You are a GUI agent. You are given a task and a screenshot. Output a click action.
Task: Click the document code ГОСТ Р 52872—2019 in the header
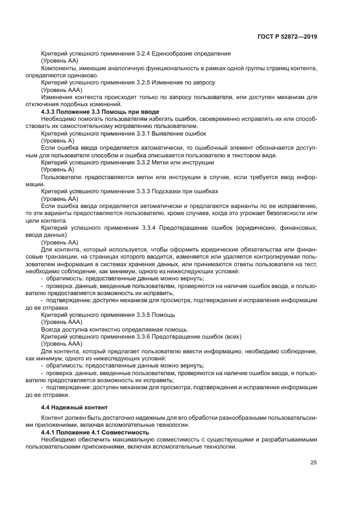coord(288,36)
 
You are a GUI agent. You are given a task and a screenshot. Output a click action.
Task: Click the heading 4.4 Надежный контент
coord(75,407)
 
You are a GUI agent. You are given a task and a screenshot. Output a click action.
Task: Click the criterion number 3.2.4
coord(143,53)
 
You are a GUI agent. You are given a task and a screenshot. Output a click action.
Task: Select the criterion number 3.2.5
coord(143,82)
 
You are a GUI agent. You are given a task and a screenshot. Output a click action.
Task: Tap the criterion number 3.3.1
coord(143,133)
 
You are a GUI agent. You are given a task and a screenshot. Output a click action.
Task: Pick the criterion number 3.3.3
coord(143,191)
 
